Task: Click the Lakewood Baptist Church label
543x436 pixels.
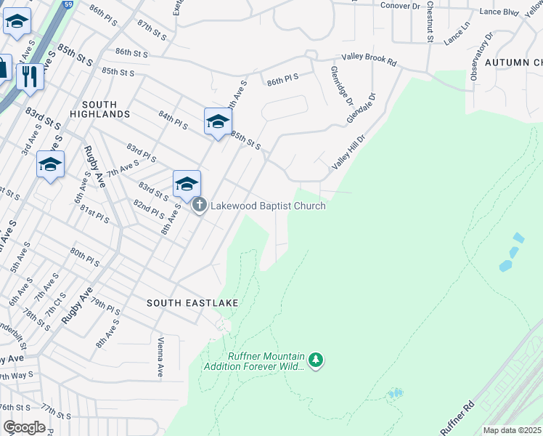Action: point(268,206)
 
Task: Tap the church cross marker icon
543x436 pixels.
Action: point(200,206)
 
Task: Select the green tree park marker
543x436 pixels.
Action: point(315,360)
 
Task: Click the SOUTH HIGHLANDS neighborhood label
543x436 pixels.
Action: point(100,109)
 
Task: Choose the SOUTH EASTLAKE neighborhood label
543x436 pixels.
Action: point(192,302)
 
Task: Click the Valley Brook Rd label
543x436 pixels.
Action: point(370,61)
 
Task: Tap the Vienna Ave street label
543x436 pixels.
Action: point(160,357)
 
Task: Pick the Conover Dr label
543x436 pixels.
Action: point(401,6)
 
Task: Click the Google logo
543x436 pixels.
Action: point(24,427)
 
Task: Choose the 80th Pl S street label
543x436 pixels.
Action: point(84,255)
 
